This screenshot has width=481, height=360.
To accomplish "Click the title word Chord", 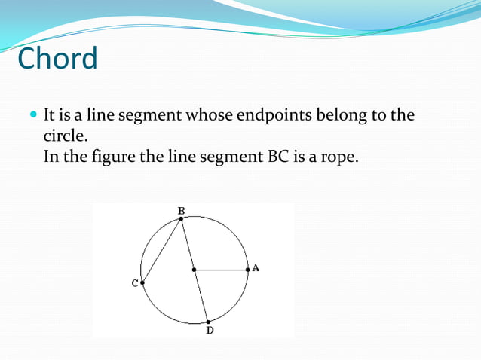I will pyautogui.click(x=57, y=59).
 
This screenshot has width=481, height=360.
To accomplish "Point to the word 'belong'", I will pyautogui.click(x=342, y=116).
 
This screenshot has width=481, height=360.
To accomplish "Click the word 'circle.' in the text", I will pyautogui.click(x=66, y=138).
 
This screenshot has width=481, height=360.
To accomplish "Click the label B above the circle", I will pyautogui.click(x=181, y=210).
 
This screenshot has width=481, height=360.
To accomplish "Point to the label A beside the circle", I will pyautogui.click(x=256, y=267).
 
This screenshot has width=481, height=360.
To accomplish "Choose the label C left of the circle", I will pyautogui.click(x=134, y=283).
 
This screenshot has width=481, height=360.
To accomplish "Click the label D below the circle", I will pyautogui.click(x=210, y=331).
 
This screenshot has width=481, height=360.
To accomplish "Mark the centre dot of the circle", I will pyautogui.click(x=194, y=269).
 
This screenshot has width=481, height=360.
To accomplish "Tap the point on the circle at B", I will pyautogui.click(x=181, y=218).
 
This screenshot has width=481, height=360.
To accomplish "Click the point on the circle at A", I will pyautogui.click(x=247, y=269).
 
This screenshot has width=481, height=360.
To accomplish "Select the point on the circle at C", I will pyautogui.click(x=142, y=282).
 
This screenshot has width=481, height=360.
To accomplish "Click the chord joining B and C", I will pyautogui.click(x=162, y=250).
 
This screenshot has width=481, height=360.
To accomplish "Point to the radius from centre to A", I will pyautogui.click(x=221, y=269).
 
